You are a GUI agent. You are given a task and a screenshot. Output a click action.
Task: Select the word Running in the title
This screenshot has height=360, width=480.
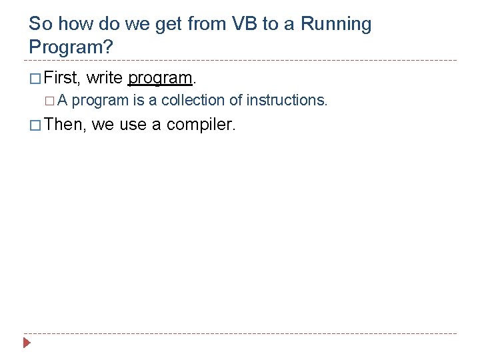click(336, 25)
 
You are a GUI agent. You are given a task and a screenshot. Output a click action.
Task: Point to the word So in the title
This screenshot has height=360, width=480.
click(41, 25)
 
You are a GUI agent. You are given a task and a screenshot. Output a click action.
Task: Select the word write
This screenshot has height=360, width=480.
click(105, 78)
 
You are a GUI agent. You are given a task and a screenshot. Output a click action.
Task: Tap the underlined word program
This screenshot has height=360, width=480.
click(159, 79)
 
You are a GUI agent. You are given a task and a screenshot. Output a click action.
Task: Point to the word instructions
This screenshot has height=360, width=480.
click(286, 101)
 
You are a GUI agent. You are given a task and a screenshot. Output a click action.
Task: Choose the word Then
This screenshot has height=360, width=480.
click(65, 124)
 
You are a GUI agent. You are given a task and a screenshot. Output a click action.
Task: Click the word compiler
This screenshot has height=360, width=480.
click(201, 125)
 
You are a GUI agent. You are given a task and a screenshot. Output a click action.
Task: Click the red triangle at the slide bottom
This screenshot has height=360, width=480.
click(27, 344)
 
